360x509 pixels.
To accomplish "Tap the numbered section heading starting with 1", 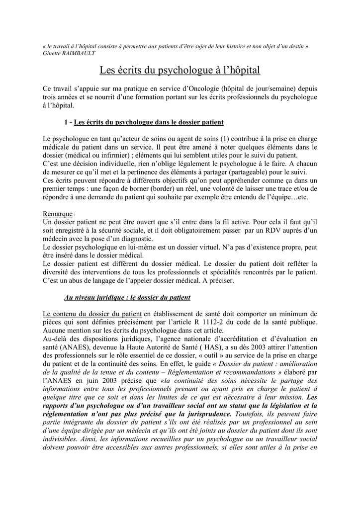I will pyautogui.click(x=144, y=122).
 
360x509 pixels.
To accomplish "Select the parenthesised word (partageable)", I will pyautogui.click(x=252, y=172).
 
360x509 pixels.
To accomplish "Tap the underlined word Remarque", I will pyautogui.click(x=58, y=214).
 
